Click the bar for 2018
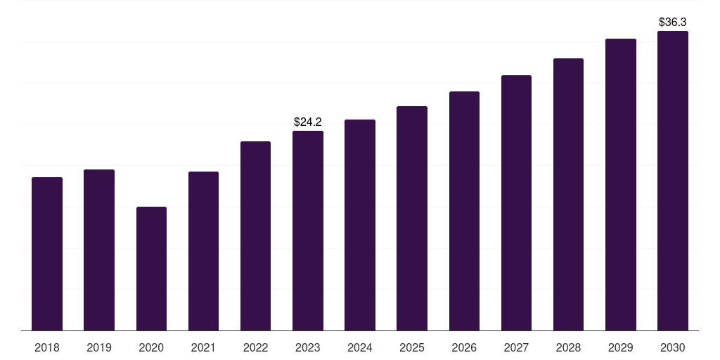(47, 254)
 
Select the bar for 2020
(152, 269)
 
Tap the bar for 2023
(308, 231)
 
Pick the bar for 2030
(673, 181)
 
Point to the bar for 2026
(464, 211)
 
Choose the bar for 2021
(203, 251)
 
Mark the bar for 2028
(568, 194)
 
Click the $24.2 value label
(308, 122)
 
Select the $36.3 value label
(673, 22)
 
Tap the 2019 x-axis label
(99, 347)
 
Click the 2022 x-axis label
(255, 347)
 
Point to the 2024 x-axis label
(360, 347)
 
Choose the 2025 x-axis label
(412, 347)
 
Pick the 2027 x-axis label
(516, 347)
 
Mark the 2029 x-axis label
(621, 347)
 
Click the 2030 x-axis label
(673, 347)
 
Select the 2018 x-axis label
(47, 347)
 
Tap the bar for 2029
(621, 185)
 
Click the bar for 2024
(360, 225)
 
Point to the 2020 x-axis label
(152, 347)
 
